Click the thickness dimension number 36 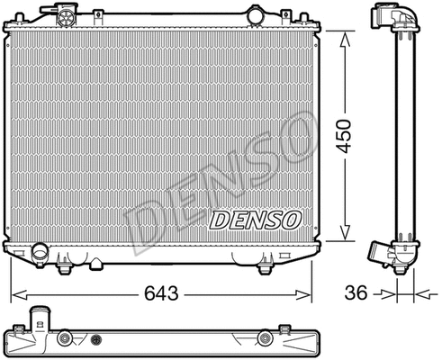pyautogui.click(x=358, y=293)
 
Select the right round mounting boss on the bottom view pyautogui.click(x=265, y=340)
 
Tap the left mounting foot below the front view pyautogui.click(x=65, y=267)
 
